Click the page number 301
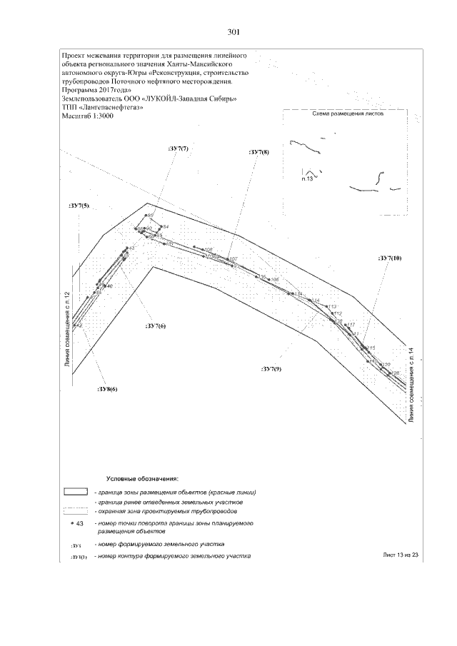click(x=233, y=32)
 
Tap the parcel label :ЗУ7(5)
click(x=79, y=206)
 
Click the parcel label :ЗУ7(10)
click(x=390, y=258)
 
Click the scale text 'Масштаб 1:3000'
click(x=88, y=116)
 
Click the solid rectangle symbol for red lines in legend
click(x=76, y=492)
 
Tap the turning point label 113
click(x=331, y=307)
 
